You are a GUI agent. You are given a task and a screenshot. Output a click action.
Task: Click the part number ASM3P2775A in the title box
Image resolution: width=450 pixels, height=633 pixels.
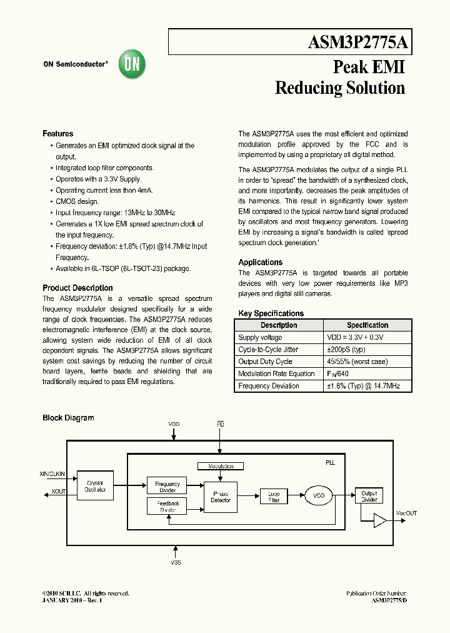358,43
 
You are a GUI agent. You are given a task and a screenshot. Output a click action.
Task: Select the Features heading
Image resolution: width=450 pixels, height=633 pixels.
57,134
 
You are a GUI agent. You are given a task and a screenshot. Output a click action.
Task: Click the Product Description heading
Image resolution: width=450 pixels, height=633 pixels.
77,288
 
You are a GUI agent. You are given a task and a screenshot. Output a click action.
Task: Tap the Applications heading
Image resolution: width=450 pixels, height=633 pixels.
260,263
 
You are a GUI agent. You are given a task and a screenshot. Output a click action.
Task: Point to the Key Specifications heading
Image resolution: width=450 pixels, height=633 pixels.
271,313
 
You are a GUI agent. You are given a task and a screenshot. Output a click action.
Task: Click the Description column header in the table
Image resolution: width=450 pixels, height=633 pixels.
279,325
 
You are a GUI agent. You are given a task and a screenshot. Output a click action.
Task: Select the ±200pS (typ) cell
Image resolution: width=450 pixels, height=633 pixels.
346,350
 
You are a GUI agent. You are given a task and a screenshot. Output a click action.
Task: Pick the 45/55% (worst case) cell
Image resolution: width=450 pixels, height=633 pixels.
357,362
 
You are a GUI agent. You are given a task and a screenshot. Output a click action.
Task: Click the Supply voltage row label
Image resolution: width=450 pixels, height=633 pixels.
260,338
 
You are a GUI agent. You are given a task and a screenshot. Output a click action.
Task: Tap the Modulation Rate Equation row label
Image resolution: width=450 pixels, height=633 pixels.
276,374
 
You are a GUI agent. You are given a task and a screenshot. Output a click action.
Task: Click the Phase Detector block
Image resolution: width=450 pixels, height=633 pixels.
220,497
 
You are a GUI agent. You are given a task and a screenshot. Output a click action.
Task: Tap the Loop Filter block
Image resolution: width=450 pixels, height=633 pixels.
274,497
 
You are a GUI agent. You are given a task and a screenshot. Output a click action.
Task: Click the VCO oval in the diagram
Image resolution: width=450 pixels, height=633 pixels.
319,496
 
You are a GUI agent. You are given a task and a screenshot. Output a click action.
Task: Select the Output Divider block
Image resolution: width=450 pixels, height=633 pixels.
369,497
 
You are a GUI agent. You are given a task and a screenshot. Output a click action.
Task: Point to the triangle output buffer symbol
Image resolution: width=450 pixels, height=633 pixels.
380,520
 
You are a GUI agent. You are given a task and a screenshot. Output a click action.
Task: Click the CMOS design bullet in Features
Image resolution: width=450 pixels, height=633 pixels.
77,201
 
